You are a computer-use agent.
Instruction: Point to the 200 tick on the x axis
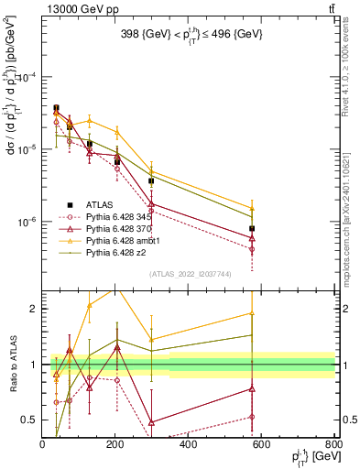coord(115,445)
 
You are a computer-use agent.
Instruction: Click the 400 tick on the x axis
coord(189,445)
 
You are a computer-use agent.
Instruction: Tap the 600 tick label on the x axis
coord(262,445)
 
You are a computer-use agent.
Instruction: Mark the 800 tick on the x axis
coord(333,445)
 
